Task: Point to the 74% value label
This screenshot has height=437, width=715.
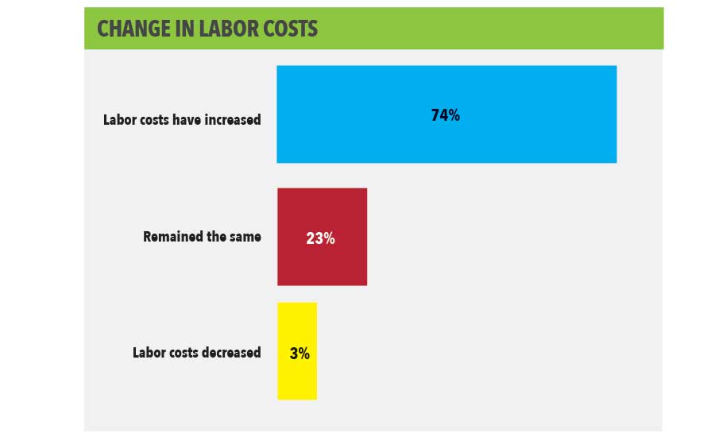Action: point(445,115)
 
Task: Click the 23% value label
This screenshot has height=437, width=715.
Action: point(320,238)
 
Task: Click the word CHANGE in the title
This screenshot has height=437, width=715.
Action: point(133,29)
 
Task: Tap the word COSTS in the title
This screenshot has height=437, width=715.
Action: point(290,29)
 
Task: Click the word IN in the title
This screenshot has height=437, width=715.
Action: point(181,29)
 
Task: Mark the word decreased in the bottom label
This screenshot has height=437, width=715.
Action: point(230,353)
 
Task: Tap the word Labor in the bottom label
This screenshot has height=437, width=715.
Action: point(149,353)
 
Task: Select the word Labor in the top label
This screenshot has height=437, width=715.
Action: point(120,121)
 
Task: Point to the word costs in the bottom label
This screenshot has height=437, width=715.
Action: point(185,353)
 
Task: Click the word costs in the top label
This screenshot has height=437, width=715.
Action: point(154,121)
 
